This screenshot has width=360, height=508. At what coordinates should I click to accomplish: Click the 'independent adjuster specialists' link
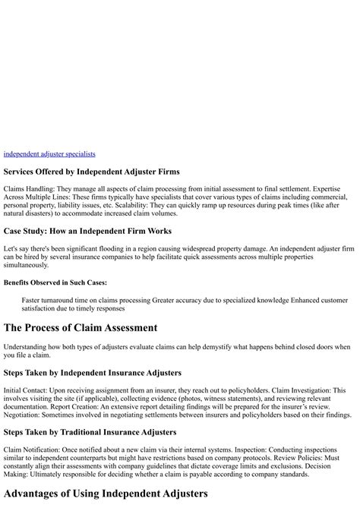click(49, 154)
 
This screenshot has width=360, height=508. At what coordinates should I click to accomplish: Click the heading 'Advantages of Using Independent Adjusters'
click(106, 493)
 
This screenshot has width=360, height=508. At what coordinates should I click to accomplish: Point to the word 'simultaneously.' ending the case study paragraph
click(26, 265)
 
